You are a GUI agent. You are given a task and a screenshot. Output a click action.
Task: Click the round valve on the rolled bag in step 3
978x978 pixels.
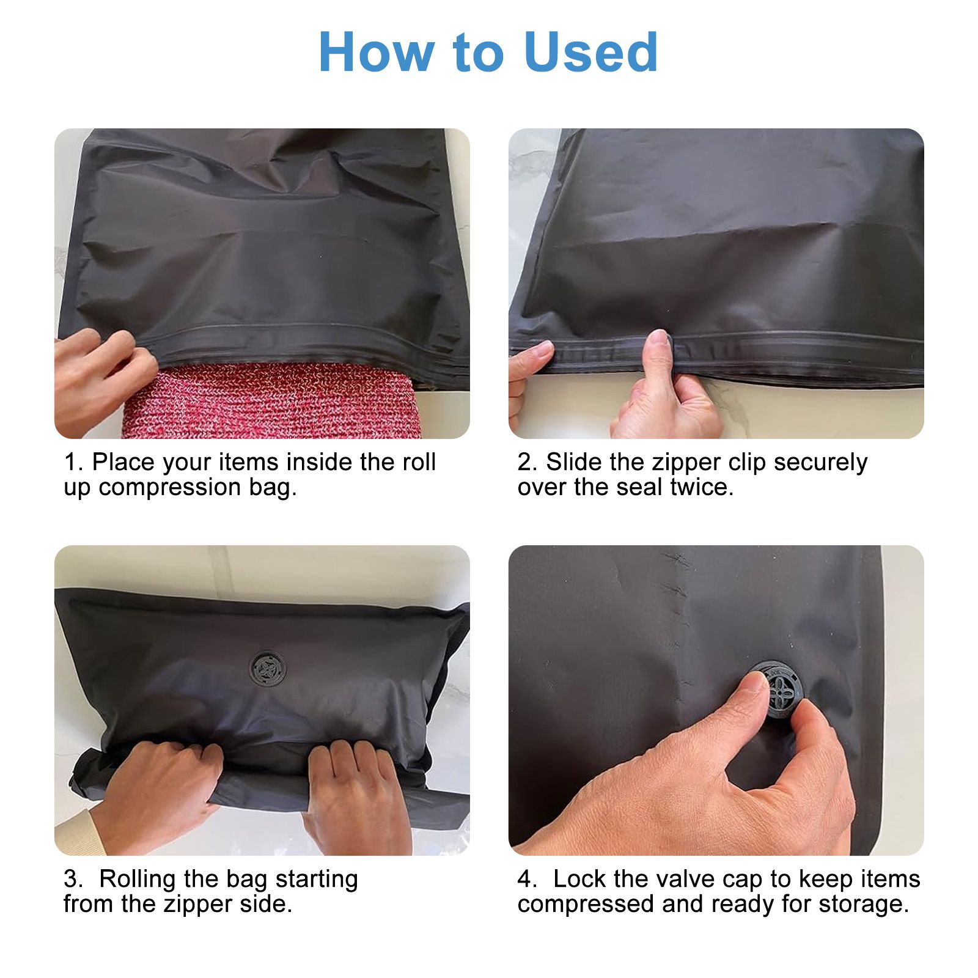[x=268, y=669]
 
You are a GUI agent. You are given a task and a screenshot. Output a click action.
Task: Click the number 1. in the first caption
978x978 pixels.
[x=73, y=463]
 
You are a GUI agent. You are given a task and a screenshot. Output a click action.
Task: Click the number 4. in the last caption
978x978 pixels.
[x=527, y=880]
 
